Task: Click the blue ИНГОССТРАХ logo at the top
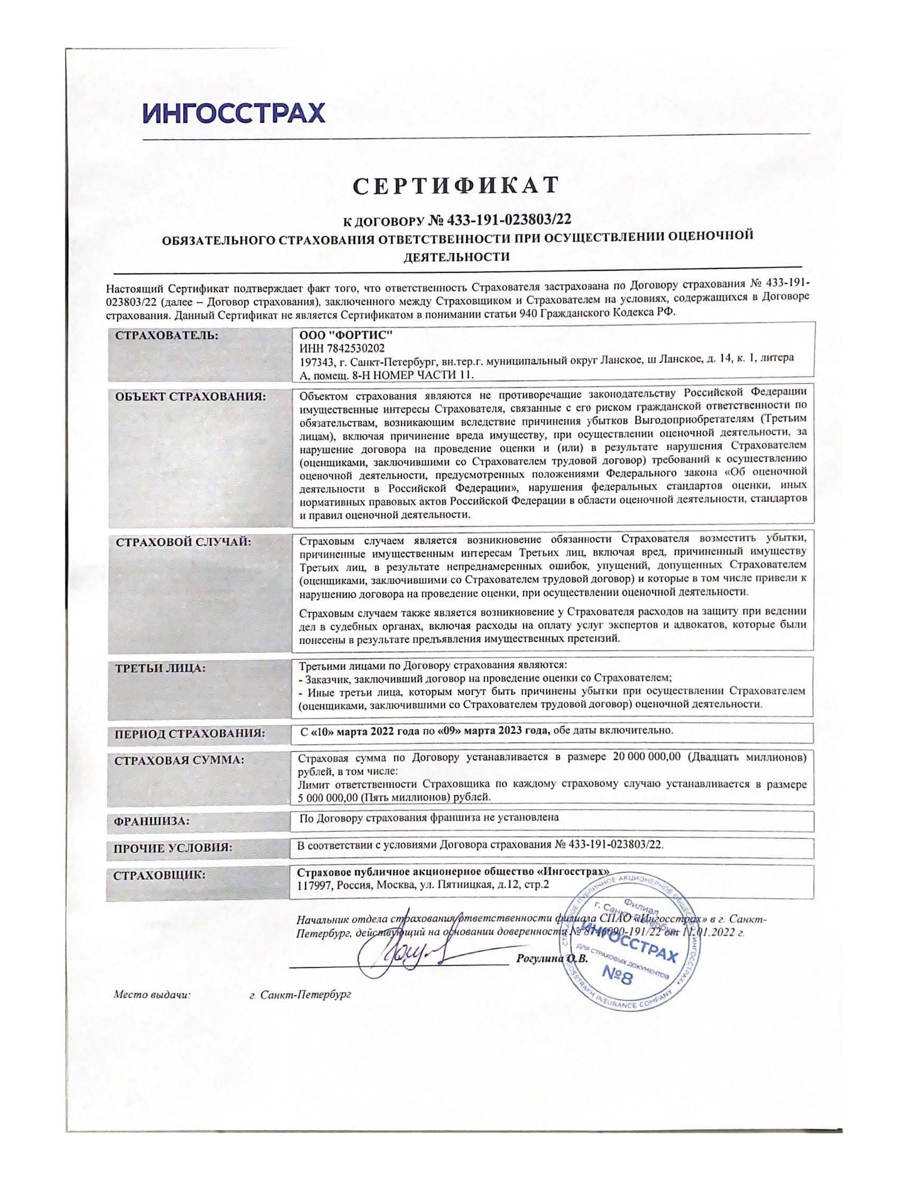point(234,113)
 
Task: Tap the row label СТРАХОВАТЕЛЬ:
point(167,335)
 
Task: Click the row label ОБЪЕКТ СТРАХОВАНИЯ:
point(191,397)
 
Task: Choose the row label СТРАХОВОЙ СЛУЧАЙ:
point(183,542)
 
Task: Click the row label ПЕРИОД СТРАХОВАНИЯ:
point(190,734)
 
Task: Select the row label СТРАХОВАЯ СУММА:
point(179,761)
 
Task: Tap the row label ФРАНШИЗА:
point(151,821)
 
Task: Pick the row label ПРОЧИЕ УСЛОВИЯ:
point(173,847)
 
